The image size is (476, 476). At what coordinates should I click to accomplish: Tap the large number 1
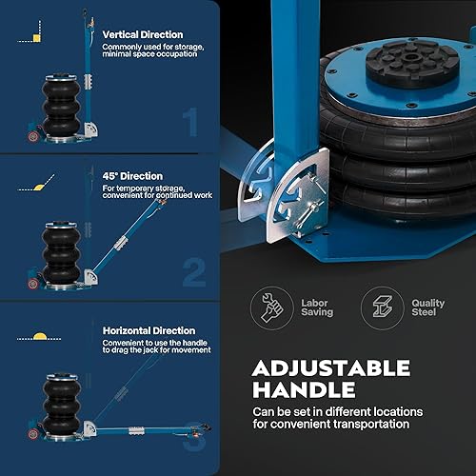190,121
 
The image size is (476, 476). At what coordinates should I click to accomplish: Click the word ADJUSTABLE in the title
330,367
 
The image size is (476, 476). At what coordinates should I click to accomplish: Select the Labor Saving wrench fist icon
270,306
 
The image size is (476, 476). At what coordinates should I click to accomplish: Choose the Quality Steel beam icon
378,306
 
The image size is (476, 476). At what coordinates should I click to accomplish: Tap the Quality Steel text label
423,307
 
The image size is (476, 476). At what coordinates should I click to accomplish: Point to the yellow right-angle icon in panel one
37,37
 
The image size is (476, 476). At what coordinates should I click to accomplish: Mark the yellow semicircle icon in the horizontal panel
39,336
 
